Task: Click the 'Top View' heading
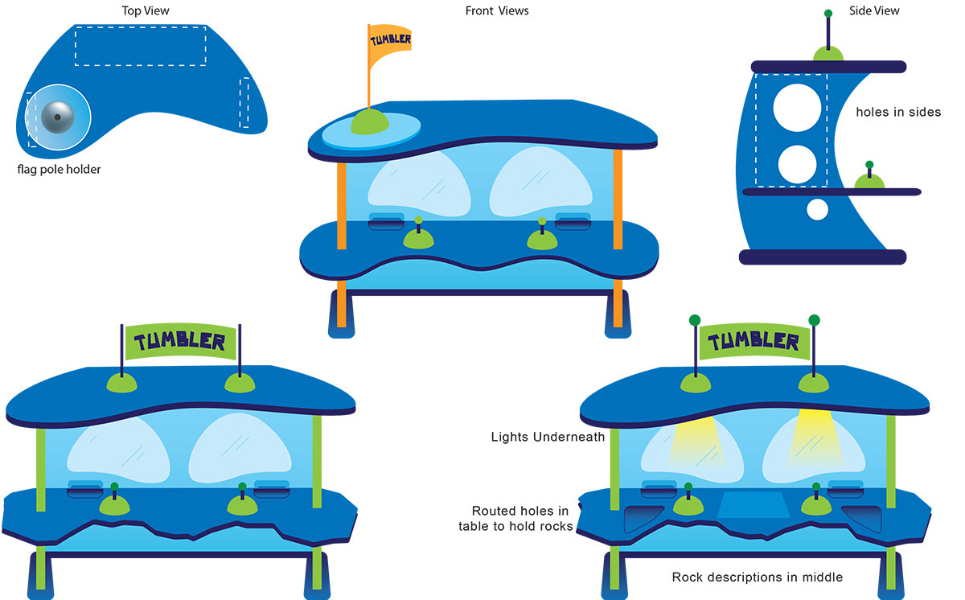coord(146,11)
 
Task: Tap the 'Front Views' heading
coord(497,11)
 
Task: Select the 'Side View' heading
coord(874,11)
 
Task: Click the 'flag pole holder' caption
coord(60,170)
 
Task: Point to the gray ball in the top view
coord(58,119)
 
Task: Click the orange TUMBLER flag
coord(390,45)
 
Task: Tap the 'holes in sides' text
coord(898,113)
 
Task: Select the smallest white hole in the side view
coord(817,210)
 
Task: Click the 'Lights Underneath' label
coord(548,438)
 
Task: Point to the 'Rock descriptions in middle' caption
coord(758,577)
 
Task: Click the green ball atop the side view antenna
coord(827,14)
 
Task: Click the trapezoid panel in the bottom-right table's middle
coord(753,505)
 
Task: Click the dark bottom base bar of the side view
coord(823,257)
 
